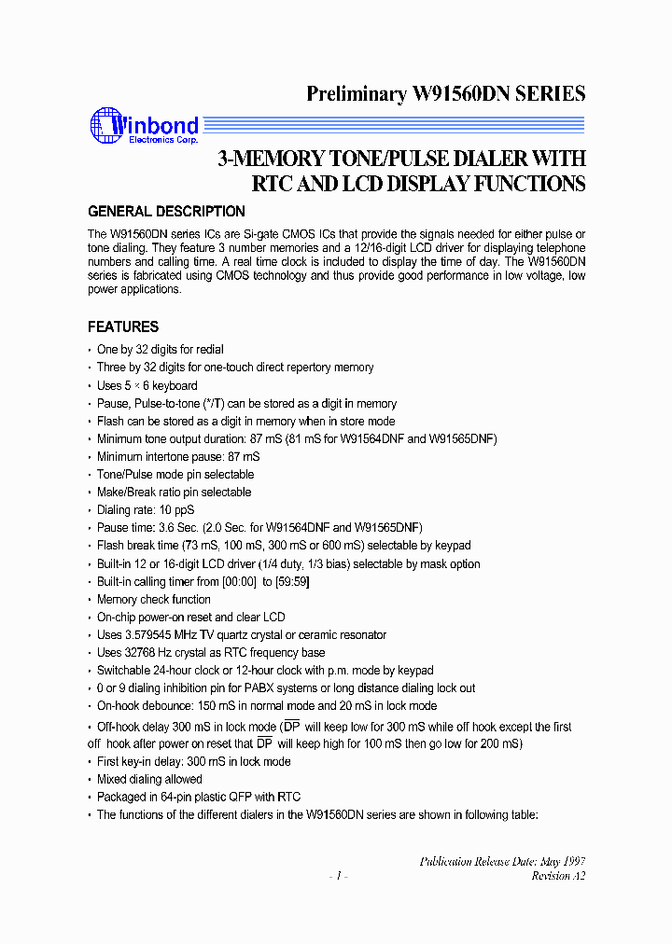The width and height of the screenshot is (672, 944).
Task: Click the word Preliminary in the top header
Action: (355, 93)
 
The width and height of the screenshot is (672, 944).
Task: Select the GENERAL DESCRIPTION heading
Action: (166, 211)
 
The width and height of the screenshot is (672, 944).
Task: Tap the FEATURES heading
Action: (123, 326)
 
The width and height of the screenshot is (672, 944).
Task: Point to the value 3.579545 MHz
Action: (160, 635)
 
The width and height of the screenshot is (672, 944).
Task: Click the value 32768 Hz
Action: (147, 653)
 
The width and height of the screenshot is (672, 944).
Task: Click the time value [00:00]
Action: (237, 582)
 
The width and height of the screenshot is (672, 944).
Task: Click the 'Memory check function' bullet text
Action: (154, 600)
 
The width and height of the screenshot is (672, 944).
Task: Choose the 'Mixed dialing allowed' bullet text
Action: (149, 779)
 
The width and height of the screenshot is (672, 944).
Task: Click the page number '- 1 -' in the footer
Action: (338, 876)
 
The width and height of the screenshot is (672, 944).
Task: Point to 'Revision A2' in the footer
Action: (558, 876)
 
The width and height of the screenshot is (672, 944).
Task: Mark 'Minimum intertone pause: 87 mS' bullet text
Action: (178, 457)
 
